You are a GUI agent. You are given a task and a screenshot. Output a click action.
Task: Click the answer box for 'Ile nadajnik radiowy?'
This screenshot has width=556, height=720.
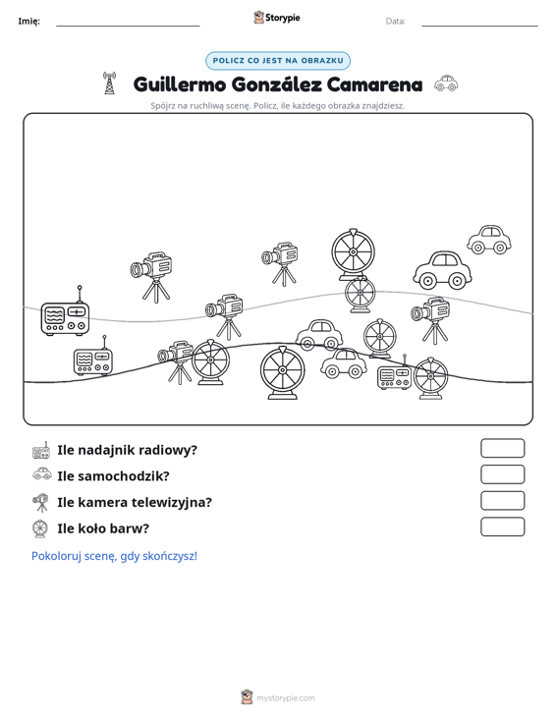point(502,448)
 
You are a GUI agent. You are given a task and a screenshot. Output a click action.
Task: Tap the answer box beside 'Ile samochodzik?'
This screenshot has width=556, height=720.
point(502,474)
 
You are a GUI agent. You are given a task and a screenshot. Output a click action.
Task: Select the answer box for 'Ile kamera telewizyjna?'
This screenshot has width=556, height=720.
point(502,501)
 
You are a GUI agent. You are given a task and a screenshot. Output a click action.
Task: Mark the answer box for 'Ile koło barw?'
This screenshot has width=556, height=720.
point(502,526)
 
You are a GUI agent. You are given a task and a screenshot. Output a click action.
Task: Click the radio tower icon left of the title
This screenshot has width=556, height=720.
point(109,83)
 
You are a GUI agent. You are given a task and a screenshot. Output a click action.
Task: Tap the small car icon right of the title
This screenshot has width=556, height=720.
point(446,83)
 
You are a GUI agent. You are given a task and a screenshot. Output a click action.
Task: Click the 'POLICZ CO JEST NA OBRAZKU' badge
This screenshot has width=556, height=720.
point(278,61)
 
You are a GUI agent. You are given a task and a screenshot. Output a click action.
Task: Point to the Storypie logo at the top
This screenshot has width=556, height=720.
point(277,18)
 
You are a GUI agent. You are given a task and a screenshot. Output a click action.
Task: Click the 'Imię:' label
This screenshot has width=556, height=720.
point(28,22)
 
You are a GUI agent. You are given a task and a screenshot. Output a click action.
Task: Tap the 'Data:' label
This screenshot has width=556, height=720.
point(395,22)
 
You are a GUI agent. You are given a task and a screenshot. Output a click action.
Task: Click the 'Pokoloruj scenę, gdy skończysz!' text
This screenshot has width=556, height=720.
point(114,556)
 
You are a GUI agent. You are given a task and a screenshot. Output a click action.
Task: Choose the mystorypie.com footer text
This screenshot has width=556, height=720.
point(286,698)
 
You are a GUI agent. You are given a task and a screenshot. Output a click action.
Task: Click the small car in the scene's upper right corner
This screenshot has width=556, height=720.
point(489,240)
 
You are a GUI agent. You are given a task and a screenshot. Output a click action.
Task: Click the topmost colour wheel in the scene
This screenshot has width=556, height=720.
point(353,254)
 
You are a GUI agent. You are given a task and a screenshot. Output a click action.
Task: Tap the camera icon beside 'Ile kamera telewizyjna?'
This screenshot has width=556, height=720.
point(41,502)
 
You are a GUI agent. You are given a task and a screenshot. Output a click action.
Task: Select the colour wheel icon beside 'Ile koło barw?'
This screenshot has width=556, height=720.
point(40,528)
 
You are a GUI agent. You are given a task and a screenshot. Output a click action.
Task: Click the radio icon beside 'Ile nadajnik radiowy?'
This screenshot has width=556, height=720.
point(41,451)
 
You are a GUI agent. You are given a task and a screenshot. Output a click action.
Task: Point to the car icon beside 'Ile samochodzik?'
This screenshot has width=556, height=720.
point(42,473)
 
